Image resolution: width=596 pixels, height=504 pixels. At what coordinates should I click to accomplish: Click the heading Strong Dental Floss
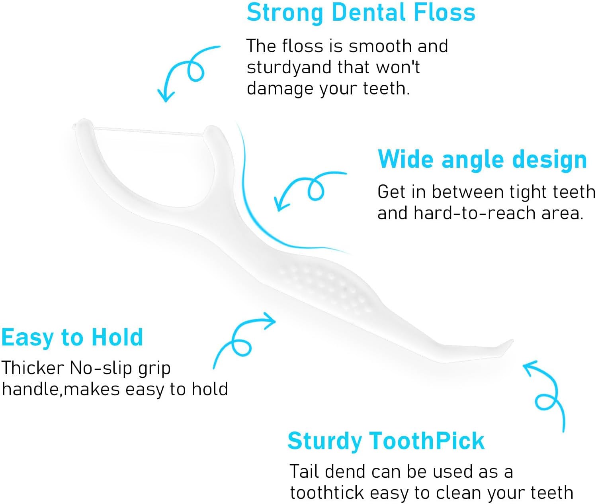tap(361, 13)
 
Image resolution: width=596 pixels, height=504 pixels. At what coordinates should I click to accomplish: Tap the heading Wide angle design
tap(482, 160)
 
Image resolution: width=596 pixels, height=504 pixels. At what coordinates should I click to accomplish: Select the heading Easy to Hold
tap(72, 337)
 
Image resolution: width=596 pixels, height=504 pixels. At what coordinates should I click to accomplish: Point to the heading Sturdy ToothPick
tap(386, 441)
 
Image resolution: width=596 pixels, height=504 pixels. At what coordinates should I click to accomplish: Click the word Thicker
tap(33, 368)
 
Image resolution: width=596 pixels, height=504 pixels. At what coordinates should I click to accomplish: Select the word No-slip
tap(101, 368)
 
